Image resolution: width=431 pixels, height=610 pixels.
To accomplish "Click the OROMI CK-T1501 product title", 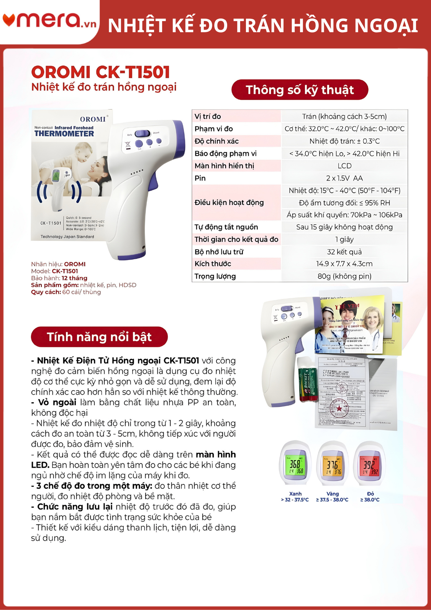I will tap(100, 72).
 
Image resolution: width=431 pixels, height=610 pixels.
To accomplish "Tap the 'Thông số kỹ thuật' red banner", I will tap(300, 90).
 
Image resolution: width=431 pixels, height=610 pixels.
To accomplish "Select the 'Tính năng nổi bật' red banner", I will tap(99, 337).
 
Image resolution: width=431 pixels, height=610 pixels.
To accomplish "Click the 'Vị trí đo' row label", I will tap(208, 117).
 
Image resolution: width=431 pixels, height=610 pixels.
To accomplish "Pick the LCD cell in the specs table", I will tap(344, 166).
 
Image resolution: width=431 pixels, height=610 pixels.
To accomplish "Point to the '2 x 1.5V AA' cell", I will tap(344, 178).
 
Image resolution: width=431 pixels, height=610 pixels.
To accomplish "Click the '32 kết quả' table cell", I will tap(344, 252).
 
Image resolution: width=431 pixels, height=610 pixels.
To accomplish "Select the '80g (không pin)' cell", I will tap(344, 276).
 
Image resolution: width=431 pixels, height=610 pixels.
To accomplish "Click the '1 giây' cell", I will tap(344, 240).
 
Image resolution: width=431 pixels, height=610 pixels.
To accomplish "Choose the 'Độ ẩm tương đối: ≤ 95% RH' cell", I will tap(344, 203).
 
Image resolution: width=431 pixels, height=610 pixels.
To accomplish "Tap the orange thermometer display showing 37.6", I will tap(333, 466).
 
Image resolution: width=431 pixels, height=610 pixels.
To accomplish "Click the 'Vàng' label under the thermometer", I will tap(333, 494).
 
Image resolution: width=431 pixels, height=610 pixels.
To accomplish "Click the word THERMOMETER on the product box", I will tap(64, 134).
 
